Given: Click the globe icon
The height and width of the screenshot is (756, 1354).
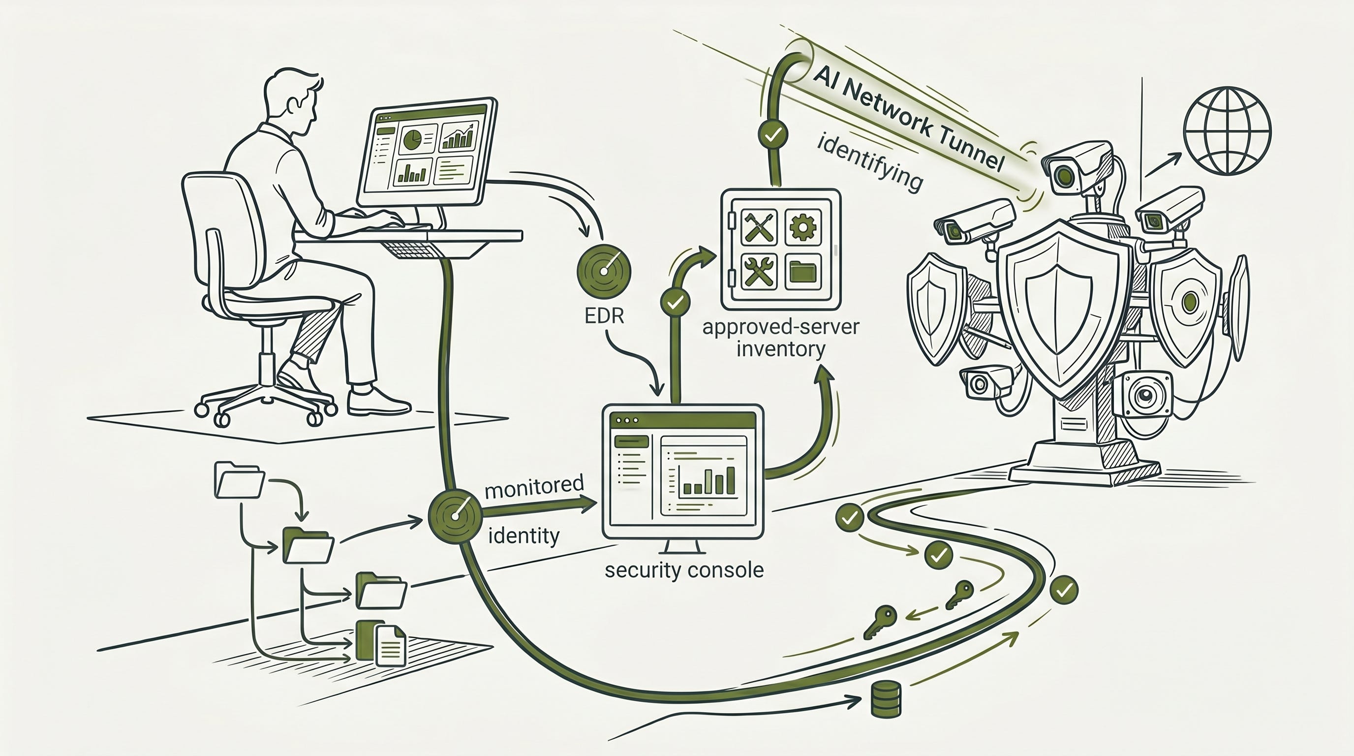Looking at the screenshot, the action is (x=1227, y=131).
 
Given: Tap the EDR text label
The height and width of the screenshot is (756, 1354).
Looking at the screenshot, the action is (x=604, y=315).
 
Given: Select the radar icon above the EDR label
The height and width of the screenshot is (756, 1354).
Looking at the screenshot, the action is (x=604, y=271).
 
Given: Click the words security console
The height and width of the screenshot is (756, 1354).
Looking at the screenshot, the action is (x=684, y=570).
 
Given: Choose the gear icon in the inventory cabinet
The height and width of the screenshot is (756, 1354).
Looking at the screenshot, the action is (x=802, y=227).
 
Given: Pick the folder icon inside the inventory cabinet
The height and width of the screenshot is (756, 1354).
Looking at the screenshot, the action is (x=803, y=271).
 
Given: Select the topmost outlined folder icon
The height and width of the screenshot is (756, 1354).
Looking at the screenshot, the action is (x=239, y=479).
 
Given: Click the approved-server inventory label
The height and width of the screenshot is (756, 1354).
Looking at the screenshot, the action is (x=780, y=338).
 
